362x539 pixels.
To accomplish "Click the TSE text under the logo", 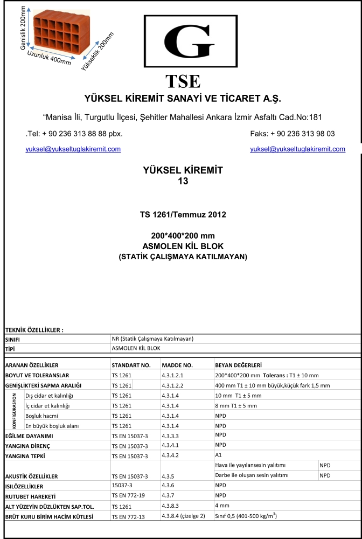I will coord(183,81).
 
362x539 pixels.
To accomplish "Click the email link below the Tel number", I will coord(73,149).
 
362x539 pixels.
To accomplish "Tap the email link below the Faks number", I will coord(297,149).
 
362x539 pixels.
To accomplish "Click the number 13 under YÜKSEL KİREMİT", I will coord(183,182).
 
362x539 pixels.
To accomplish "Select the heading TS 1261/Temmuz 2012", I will coord(183,215).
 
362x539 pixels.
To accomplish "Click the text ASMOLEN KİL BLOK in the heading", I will coord(183,246).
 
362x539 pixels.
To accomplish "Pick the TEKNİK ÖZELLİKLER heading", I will coord(34,330).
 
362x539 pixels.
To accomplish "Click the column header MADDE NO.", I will coord(177,365).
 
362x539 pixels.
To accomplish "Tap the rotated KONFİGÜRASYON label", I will coord(15,410).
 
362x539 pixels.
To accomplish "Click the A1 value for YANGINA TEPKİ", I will coord(218,455).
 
